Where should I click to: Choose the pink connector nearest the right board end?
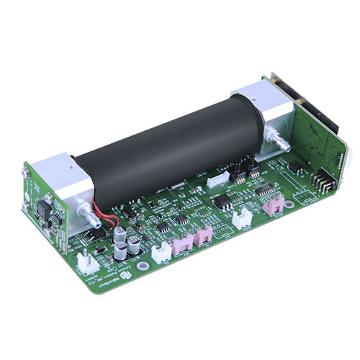272,207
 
